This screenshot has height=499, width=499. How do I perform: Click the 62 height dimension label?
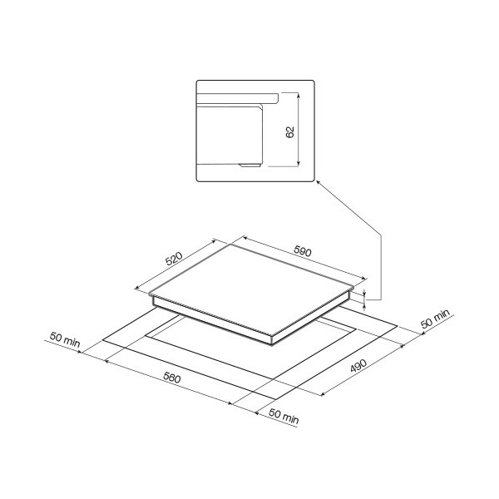click(x=290, y=132)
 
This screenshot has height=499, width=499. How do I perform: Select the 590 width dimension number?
click(x=303, y=251)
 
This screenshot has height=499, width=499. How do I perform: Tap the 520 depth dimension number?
click(x=174, y=259)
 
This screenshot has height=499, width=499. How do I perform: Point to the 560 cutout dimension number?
click(x=172, y=378)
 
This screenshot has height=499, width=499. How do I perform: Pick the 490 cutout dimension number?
click(x=358, y=365)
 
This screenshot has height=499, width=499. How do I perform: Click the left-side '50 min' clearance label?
click(x=65, y=340)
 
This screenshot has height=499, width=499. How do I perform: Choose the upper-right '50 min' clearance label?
click(x=435, y=319)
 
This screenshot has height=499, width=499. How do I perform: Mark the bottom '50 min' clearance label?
click(x=284, y=417)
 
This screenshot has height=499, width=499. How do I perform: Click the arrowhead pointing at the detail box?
click(x=318, y=183)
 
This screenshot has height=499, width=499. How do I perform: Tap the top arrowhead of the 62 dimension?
click(x=299, y=95)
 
